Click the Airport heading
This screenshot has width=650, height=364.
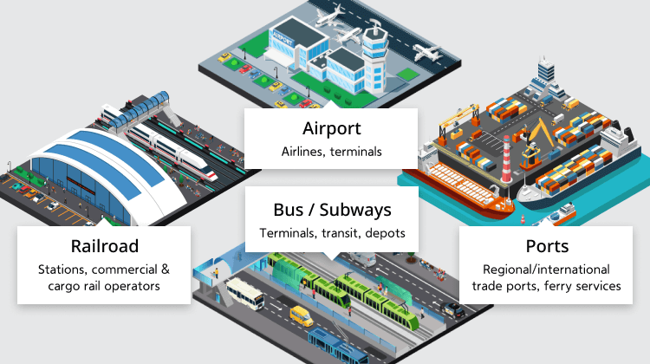click(x=332, y=128)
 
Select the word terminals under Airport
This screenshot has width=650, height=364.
click(x=355, y=152)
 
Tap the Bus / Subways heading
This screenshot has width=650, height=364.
click(x=332, y=211)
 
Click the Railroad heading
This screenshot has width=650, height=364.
click(x=105, y=246)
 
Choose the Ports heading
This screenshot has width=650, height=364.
click(x=547, y=246)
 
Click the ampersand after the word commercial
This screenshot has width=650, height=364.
click(x=166, y=270)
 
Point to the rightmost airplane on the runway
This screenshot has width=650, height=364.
click(x=426, y=53)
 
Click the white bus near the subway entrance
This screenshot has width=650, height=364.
click(x=244, y=293)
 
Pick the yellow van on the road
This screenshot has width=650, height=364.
click(x=302, y=316)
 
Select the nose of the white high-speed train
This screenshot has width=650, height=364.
click(x=211, y=174)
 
